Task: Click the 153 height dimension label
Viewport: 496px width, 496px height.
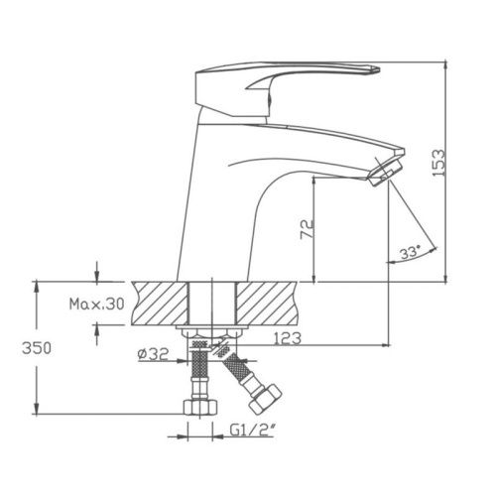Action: point(439,163)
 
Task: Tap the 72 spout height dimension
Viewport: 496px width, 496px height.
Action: point(307,229)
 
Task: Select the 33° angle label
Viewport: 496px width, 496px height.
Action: point(410,253)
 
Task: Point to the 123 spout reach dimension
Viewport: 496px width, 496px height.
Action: point(288,338)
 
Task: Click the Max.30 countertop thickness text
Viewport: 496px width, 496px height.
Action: point(96,304)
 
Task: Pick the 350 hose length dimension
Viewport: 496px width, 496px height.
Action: point(37,348)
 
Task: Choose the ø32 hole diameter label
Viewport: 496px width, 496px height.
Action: point(153,354)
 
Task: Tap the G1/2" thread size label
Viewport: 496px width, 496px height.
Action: point(253,431)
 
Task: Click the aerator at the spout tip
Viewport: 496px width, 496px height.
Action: point(384,173)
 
